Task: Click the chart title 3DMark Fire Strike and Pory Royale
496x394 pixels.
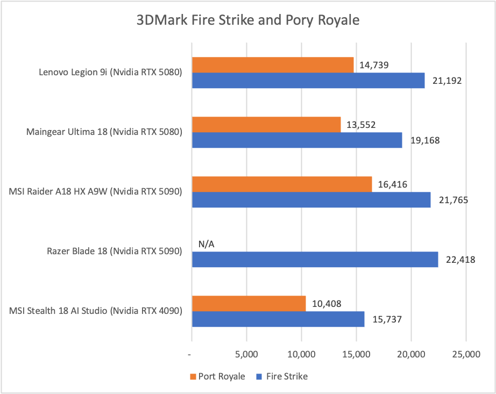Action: point(247,21)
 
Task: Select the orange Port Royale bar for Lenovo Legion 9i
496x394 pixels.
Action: point(272,65)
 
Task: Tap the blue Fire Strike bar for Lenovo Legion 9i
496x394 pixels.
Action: point(308,81)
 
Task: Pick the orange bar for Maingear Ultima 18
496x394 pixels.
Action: point(266,125)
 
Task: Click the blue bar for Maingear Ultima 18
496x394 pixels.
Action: point(296,140)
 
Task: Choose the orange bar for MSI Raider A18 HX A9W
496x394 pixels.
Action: point(281,184)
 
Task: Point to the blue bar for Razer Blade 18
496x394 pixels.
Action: point(315,260)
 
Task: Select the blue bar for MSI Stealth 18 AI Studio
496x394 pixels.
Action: point(278,319)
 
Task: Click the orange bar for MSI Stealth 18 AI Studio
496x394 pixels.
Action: point(249,304)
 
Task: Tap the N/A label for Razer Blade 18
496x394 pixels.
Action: point(207,244)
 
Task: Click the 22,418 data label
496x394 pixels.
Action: point(461,260)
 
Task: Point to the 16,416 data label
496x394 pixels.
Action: point(392,185)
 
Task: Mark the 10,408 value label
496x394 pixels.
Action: point(326,304)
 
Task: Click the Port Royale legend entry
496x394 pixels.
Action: point(217,376)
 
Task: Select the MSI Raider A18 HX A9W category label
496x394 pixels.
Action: point(95,192)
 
